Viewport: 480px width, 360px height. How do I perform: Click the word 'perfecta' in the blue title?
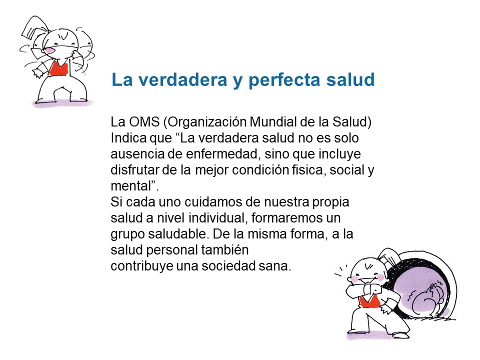(284, 80)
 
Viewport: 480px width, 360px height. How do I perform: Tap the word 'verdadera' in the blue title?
(183, 79)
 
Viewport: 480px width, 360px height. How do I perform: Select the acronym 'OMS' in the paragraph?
(144, 122)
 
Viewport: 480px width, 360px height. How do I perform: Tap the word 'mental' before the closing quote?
(131, 186)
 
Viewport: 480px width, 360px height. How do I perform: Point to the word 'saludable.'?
(179, 234)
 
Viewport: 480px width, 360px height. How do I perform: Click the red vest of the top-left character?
(58, 68)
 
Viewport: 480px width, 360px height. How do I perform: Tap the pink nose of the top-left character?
(49, 50)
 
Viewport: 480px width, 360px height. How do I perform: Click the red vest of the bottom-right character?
(369, 302)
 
